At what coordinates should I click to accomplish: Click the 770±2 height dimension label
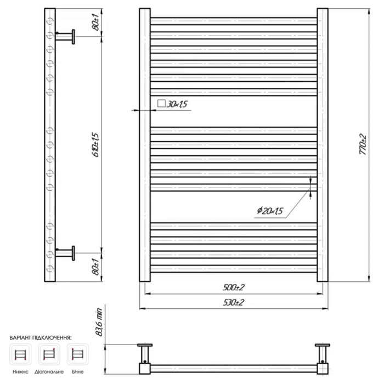[x=363, y=144]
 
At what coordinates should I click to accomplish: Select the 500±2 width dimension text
[x=233, y=287]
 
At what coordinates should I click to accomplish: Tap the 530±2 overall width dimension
[x=233, y=302]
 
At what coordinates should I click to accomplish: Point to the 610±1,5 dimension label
[x=96, y=145]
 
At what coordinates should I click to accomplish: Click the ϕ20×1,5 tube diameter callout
[x=270, y=211]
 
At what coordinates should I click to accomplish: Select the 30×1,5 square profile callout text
[x=177, y=104]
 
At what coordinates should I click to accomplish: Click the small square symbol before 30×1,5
[x=161, y=103]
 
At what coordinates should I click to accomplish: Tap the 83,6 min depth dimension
[x=100, y=322]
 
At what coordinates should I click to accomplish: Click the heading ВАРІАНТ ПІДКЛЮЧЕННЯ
[x=41, y=338]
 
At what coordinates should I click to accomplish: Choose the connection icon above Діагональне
[x=49, y=354]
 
